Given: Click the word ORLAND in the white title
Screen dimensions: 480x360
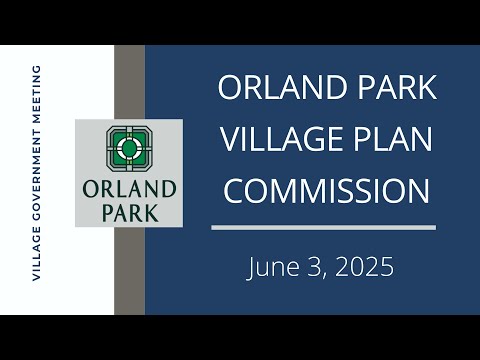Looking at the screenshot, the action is tap(282, 87).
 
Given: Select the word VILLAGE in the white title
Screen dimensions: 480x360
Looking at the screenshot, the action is tap(282, 139).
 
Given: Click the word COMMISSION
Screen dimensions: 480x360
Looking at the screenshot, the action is tap(326, 191).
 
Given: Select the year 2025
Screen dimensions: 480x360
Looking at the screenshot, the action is tap(364, 267).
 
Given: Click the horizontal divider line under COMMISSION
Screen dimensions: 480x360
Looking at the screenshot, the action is tap(323, 227).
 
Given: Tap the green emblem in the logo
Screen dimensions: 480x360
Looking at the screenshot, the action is tap(129, 149).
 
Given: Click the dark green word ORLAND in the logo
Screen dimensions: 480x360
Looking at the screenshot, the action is tap(129, 189).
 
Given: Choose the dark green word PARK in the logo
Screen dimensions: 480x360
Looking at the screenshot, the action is tap(130, 213).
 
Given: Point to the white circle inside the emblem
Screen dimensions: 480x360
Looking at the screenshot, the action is tap(129, 148).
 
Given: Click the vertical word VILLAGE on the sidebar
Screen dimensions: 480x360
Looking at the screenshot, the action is tap(36, 254).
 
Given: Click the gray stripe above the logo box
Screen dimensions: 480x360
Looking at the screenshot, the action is tap(129, 82).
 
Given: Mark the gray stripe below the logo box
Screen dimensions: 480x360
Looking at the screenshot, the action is tap(129, 271).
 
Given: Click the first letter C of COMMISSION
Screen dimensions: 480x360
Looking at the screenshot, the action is tap(233, 191).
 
